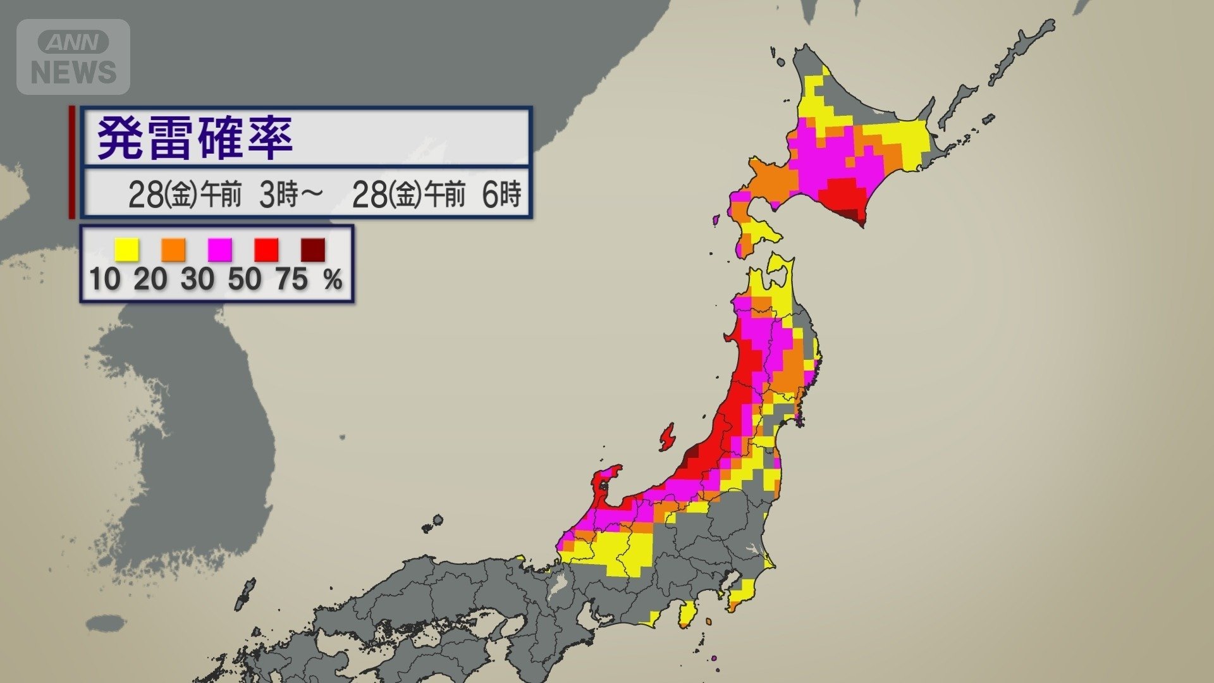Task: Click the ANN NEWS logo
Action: tap(73, 57)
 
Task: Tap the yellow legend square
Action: tap(126, 249)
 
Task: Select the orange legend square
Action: tap(173, 249)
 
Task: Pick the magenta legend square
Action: tap(220, 249)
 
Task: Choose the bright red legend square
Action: tap(266, 249)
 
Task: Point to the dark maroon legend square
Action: tap(313, 249)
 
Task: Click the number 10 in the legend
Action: tap(104, 279)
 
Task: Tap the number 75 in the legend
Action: tap(291, 279)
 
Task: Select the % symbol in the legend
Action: tap(333, 279)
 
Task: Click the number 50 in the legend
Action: tap(245, 279)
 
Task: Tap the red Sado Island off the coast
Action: tap(666, 437)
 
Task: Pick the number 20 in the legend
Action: tap(150, 279)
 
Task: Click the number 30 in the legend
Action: tap(197, 279)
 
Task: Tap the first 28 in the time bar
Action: tap(145, 194)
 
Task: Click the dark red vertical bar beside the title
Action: tap(72, 163)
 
